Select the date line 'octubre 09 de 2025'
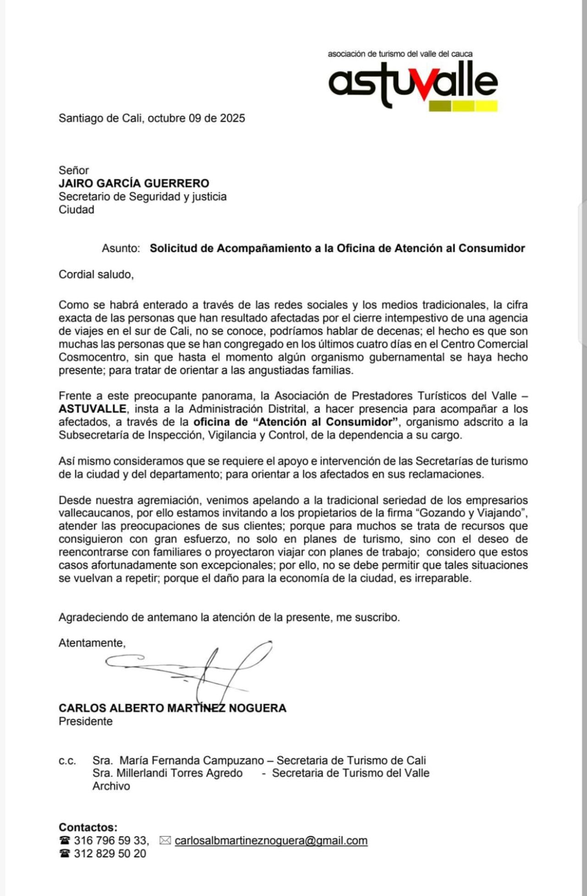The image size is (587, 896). [196, 118]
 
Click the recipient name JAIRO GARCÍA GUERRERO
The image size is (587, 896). [134, 184]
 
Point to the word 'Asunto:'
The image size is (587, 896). [121, 248]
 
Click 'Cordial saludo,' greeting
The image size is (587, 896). [96, 274]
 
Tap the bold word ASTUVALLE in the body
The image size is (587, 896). [93, 409]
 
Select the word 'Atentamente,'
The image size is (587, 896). [92, 643]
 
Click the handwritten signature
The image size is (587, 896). [197, 670]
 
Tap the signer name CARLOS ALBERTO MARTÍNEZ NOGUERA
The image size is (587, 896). [172, 708]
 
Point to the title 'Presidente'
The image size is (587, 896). [86, 721]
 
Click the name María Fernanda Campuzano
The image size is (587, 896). [192, 761]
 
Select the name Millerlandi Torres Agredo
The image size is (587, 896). [179, 773]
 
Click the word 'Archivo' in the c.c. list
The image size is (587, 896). [111, 786]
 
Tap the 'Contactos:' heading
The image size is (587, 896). [88, 827]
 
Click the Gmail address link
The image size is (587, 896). [271, 840]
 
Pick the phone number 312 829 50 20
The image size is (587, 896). [110, 853]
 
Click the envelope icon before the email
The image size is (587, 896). [165, 840]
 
